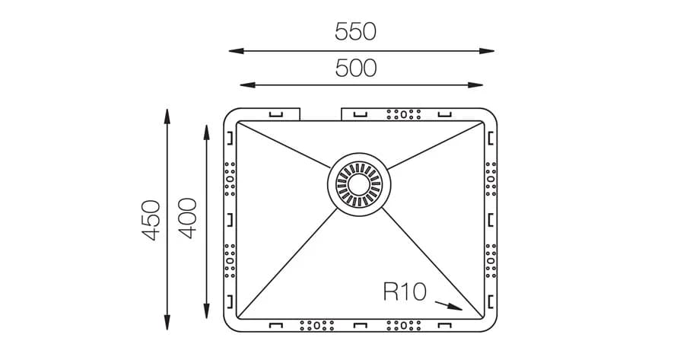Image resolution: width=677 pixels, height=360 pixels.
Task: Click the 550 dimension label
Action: click(x=355, y=31)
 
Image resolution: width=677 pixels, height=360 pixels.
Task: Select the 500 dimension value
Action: click(x=356, y=68)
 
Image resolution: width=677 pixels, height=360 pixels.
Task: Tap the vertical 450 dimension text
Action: click(x=151, y=220)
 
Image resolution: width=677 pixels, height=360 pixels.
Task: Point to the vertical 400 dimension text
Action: click(x=187, y=218)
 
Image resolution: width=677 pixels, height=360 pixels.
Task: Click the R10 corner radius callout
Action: click(x=405, y=292)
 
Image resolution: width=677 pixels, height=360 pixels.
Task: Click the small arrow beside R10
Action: click(x=449, y=305)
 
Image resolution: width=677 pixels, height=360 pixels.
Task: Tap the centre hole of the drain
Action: click(x=359, y=185)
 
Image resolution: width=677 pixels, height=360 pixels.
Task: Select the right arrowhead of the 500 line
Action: click(x=475, y=85)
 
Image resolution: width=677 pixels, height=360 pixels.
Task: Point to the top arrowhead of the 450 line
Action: click(x=167, y=116)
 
